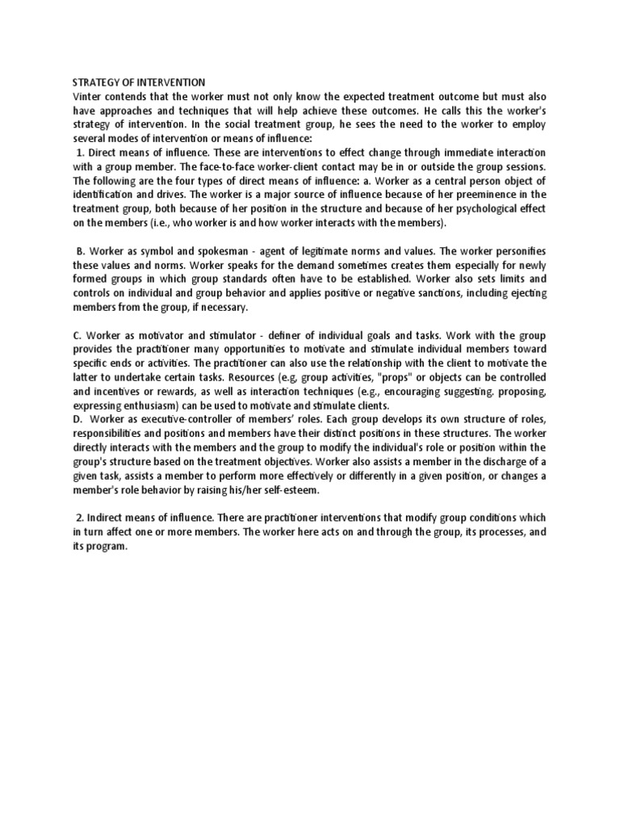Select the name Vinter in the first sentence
point(87,97)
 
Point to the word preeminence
point(492,194)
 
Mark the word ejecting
point(525,294)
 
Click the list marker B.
point(82,251)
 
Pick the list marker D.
point(77,419)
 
